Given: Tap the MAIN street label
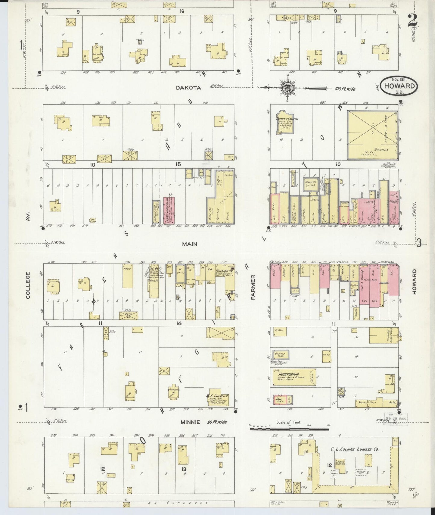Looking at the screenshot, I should pyautogui.click(x=190, y=244).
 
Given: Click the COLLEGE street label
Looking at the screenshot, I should pyautogui.click(x=28, y=285).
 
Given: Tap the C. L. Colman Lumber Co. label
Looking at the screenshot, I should pyautogui.click(x=354, y=449).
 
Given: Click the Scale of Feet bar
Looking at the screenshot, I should pyautogui.click(x=289, y=429).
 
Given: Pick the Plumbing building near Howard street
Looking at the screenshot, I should pyautogui.click(x=384, y=335).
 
